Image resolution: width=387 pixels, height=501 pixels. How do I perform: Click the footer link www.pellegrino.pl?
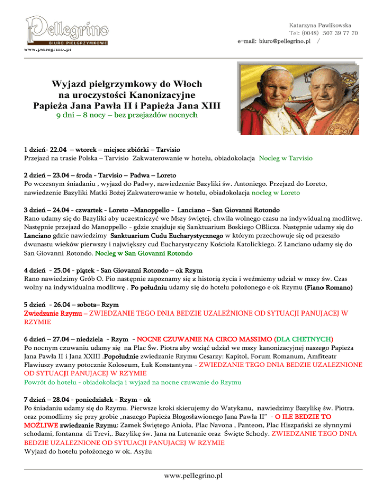(193, 475)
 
